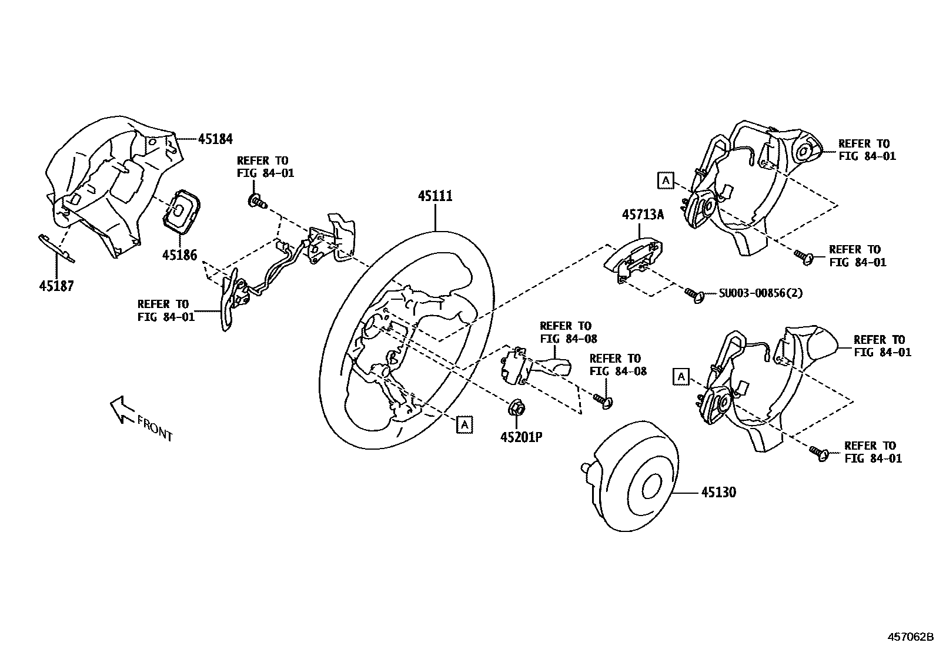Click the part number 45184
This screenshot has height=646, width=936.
point(215,139)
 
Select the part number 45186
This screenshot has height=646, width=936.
point(180,255)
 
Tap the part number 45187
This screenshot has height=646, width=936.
point(56,286)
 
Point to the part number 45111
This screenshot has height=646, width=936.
point(435,196)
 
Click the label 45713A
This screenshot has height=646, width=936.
point(643,215)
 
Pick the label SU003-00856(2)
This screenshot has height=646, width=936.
point(760,293)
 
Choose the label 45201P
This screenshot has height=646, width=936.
point(521,437)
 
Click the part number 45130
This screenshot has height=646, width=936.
point(718,491)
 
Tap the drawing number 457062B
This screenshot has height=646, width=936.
point(910,637)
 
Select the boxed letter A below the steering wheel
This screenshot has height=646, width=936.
point(464,424)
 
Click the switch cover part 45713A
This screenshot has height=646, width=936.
point(635,259)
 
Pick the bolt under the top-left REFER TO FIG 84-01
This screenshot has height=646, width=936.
point(258,202)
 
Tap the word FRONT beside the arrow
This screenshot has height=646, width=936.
point(155,427)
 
